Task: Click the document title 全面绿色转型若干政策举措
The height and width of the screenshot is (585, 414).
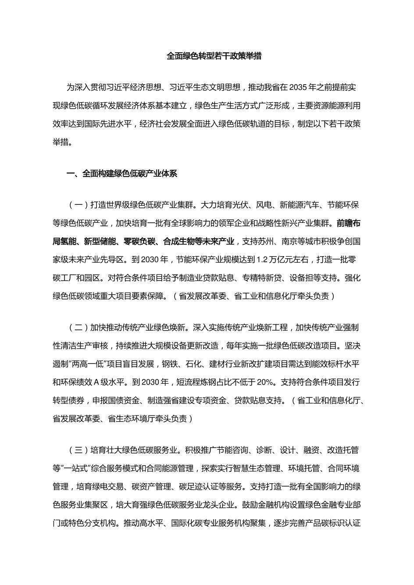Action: [214, 56]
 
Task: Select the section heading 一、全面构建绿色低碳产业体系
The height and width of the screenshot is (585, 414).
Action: [121, 173]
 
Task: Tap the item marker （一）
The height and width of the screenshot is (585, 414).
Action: [79, 205]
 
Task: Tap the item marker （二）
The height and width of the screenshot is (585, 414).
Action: [79, 328]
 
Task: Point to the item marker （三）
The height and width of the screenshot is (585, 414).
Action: [79, 450]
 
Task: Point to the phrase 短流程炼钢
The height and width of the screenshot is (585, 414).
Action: [196, 382]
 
